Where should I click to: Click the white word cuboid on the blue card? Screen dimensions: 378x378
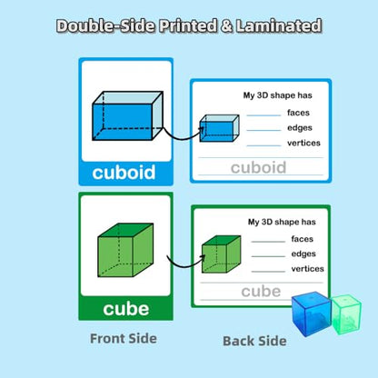[124, 173]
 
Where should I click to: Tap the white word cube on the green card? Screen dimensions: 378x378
[126, 309]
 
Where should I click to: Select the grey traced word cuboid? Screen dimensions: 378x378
[258, 167]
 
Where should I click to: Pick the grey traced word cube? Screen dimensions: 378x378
[261, 292]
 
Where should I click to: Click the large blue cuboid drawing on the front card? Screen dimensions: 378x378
[128, 115]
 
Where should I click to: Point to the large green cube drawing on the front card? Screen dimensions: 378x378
[125, 250]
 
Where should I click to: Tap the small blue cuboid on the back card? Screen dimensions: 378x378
[219, 128]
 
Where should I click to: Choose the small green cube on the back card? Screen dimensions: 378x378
[222, 254]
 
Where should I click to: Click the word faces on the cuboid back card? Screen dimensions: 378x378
[298, 113]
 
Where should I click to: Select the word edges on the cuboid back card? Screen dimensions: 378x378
[300, 128]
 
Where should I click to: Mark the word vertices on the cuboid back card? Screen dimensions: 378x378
[303, 143]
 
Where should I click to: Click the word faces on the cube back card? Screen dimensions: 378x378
[303, 239]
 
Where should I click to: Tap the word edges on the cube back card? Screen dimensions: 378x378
[303, 254]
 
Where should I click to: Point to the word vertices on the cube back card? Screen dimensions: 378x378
[307, 269]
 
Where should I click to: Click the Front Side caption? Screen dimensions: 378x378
[124, 338]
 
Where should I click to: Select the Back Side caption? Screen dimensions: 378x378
[254, 341]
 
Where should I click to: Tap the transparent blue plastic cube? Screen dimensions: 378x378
[312, 313]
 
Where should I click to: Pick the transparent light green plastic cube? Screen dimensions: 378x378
[346, 314]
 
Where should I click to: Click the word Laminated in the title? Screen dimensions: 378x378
[279, 25]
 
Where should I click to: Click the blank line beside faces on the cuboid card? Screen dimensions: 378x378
[264, 115]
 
